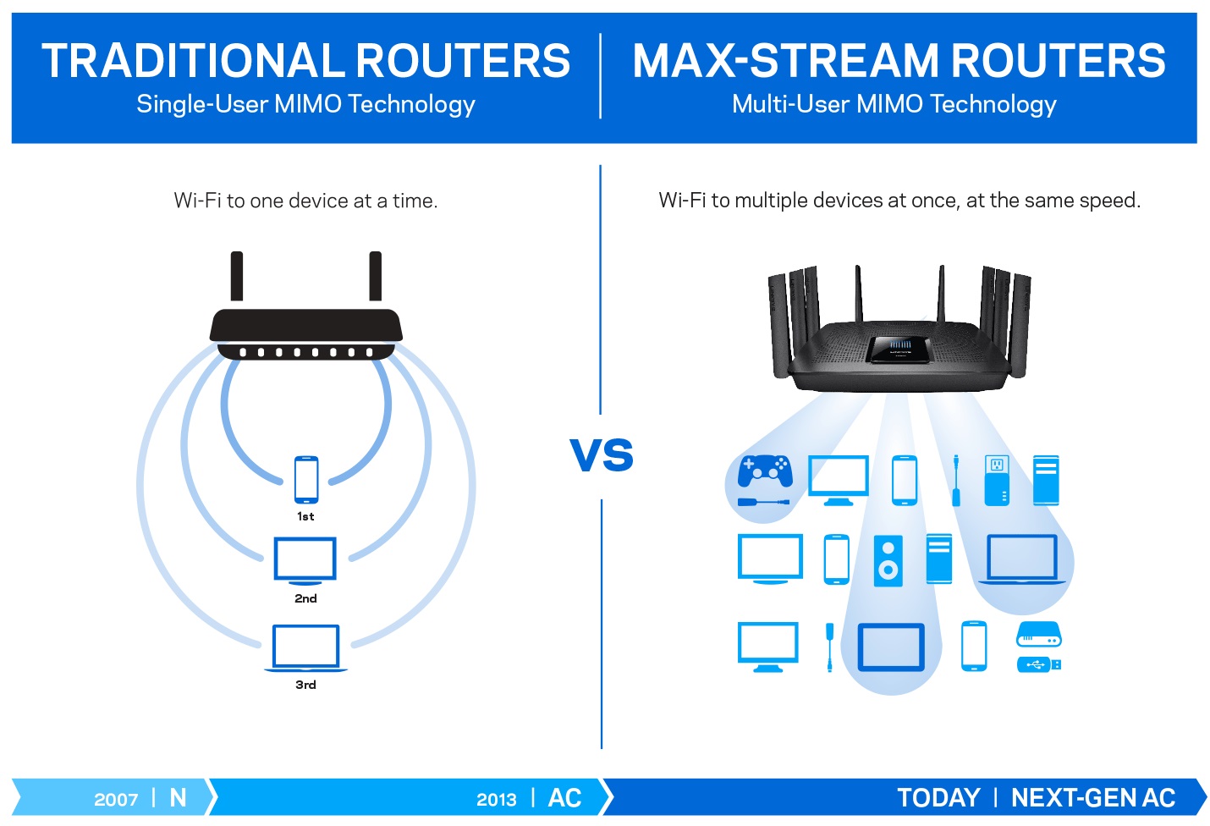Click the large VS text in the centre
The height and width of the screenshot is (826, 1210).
click(602, 455)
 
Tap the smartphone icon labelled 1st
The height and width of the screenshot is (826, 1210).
click(306, 479)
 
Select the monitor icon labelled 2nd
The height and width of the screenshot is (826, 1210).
click(305, 559)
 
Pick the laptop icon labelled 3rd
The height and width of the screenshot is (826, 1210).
click(305, 647)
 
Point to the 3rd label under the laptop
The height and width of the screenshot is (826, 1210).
click(305, 685)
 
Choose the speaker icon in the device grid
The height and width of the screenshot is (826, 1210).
click(888, 560)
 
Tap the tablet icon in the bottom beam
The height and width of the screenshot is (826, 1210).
click(891, 647)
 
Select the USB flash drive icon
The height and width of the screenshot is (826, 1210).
click(1038, 664)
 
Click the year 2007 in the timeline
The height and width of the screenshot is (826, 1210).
click(116, 800)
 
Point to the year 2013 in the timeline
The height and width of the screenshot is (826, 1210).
click(497, 800)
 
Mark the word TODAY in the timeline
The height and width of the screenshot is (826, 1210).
click(938, 798)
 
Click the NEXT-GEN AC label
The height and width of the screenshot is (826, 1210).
click(1093, 798)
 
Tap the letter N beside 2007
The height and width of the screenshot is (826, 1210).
click(178, 798)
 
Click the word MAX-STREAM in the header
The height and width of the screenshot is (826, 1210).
click(785, 61)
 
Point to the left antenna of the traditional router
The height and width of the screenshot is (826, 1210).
click(237, 276)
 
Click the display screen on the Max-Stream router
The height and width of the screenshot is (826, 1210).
click(899, 347)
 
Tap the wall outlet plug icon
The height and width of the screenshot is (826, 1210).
click(997, 480)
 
